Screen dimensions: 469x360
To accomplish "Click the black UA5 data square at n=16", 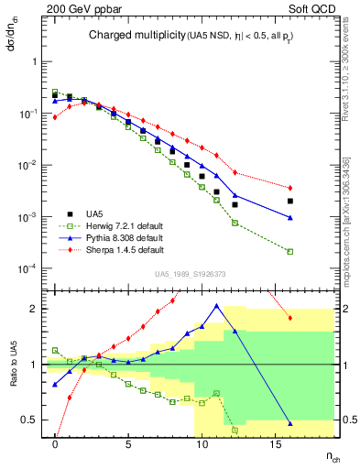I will [x=290, y=201].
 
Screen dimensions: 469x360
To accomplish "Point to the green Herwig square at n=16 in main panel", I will [x=290, y=252].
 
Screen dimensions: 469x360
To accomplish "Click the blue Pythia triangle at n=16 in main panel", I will [x=290, y=217].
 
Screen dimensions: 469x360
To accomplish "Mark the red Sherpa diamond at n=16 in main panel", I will [x=290, y=188].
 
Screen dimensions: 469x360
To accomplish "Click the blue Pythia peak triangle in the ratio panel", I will [x=217, y=306].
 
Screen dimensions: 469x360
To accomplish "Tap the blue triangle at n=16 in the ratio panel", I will [x=290, y=423].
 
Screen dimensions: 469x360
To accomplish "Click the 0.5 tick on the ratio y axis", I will [x=34, y=420].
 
